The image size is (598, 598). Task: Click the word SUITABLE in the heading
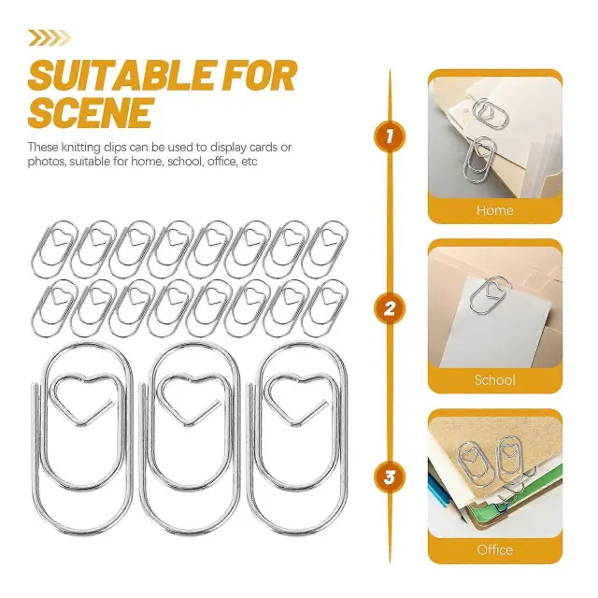click(x=123, y=75)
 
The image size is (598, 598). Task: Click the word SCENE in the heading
click(x=91, y=113)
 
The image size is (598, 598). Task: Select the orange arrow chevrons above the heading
click(x=50, y=38)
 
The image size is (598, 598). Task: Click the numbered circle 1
click(x=390, y=136)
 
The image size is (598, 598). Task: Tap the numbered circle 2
click(x=390, y=308)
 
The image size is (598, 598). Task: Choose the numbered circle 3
click(x=390, y=477)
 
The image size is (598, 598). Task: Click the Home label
click(x=494, y=210)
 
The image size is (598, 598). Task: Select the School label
click(x=494, y=380)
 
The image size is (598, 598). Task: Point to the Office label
click(x=494, y=549)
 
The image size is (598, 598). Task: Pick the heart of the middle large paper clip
click(x=189, y=396)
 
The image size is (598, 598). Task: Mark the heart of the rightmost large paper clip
click(x=297, y=396)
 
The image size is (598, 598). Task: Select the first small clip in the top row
click(x=53, y=249)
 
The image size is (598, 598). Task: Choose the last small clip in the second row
click(x=325, y=308)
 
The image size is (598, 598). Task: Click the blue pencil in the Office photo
click(x=437, y=493)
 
